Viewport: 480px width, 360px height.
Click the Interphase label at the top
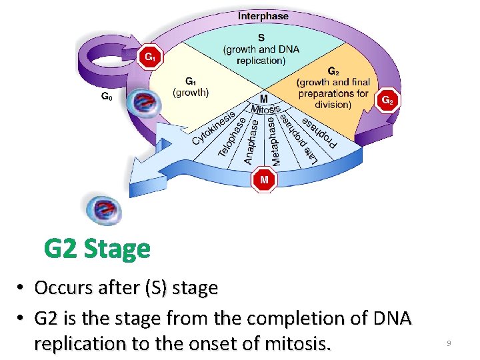click(263, 15)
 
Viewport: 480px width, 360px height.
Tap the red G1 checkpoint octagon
click(151, 57)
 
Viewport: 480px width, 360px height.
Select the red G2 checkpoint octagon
click(388, 101)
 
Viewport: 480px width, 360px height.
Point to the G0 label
click(106, 97)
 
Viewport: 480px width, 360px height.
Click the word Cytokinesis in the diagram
click(213, 128)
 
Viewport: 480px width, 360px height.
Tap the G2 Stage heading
click(97, 249)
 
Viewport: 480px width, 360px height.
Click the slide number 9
click(449, 343)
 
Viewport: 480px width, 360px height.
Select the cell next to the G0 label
click(143, 104)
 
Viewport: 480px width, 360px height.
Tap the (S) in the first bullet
click(151, 288)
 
